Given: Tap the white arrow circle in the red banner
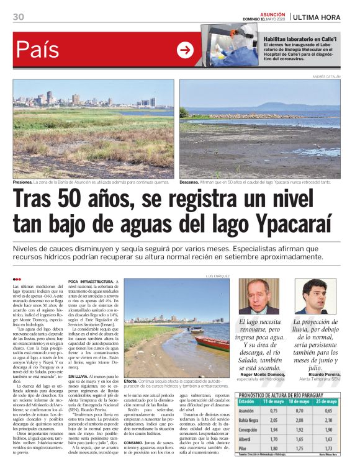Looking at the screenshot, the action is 185,50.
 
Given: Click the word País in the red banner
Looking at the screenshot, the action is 38,50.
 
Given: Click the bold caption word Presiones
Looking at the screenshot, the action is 24,182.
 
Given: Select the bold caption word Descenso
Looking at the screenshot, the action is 190,182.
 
